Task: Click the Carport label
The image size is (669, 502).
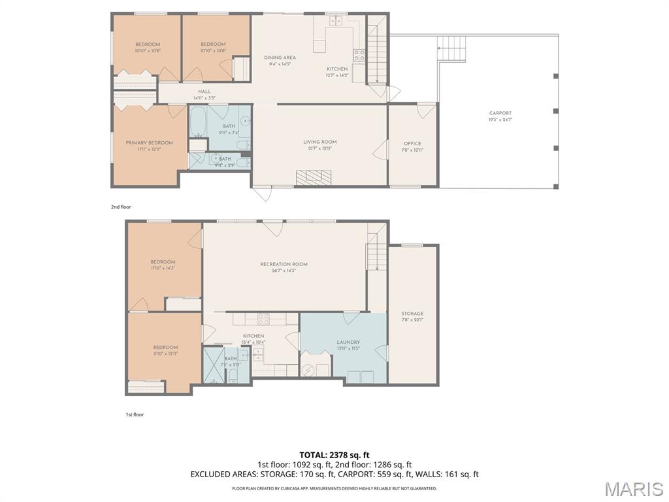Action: (500, 116)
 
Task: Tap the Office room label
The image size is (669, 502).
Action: (412, 146)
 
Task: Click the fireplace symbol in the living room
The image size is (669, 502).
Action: (314, 177)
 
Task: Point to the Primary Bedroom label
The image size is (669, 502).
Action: (149, 146)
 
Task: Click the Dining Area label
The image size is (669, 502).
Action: (280, 61)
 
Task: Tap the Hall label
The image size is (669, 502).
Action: (204, 94)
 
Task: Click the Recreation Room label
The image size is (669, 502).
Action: (284, 267)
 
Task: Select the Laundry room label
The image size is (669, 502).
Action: (348, 345)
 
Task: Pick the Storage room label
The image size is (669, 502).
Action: (412, 316)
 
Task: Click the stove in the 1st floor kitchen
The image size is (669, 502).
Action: (264, 319)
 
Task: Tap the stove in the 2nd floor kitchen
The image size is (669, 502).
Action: (359, 56)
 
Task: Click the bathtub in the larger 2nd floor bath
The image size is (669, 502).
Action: (199, 122)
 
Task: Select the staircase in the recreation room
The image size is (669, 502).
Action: (374, 252)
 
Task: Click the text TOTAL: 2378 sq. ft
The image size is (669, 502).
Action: (334, 455)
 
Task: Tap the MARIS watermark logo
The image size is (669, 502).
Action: (633, 488)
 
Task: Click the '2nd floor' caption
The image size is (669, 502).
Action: (121, 207)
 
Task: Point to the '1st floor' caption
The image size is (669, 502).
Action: (135, 414)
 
